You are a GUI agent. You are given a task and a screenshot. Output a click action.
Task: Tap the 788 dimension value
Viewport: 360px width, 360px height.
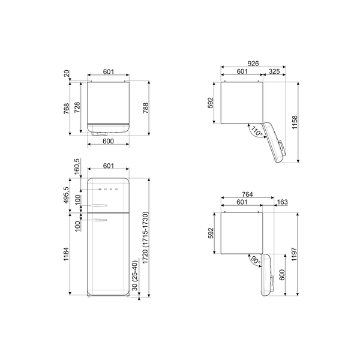click(x=145, y=109)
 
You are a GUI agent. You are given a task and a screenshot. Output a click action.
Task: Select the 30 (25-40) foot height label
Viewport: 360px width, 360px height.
click(x=138, y=277)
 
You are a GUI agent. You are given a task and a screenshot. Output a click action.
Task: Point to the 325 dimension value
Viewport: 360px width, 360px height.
click(x=275, y=72)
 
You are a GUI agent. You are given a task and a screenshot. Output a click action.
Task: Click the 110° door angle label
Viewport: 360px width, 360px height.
click(x=257, y=131)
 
